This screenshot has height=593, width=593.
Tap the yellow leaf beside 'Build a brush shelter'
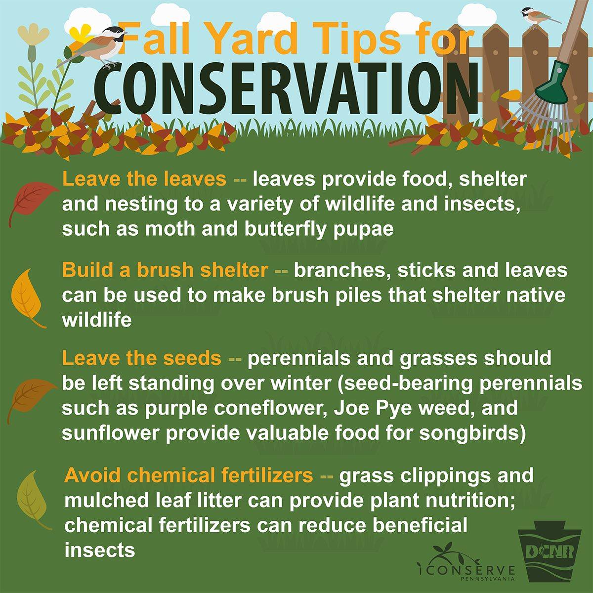tap(27, 296)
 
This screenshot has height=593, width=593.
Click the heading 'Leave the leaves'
tap(144, 179)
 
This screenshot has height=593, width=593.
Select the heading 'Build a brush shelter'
tap(165, 270)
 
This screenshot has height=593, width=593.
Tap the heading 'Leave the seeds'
tap(141, 358)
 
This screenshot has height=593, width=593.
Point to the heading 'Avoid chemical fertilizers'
tap(189, 475)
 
